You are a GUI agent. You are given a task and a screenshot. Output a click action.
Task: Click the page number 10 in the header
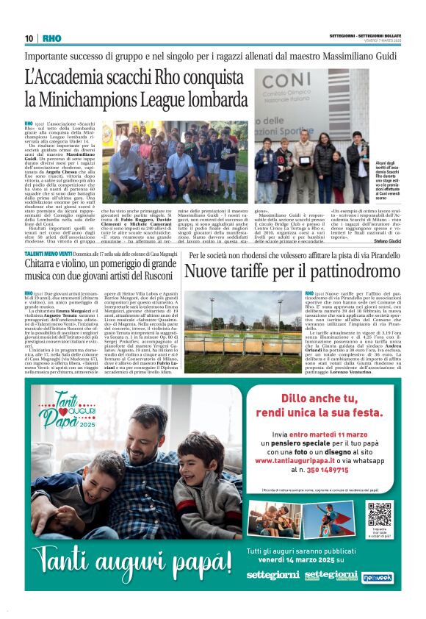coord(28,38)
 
